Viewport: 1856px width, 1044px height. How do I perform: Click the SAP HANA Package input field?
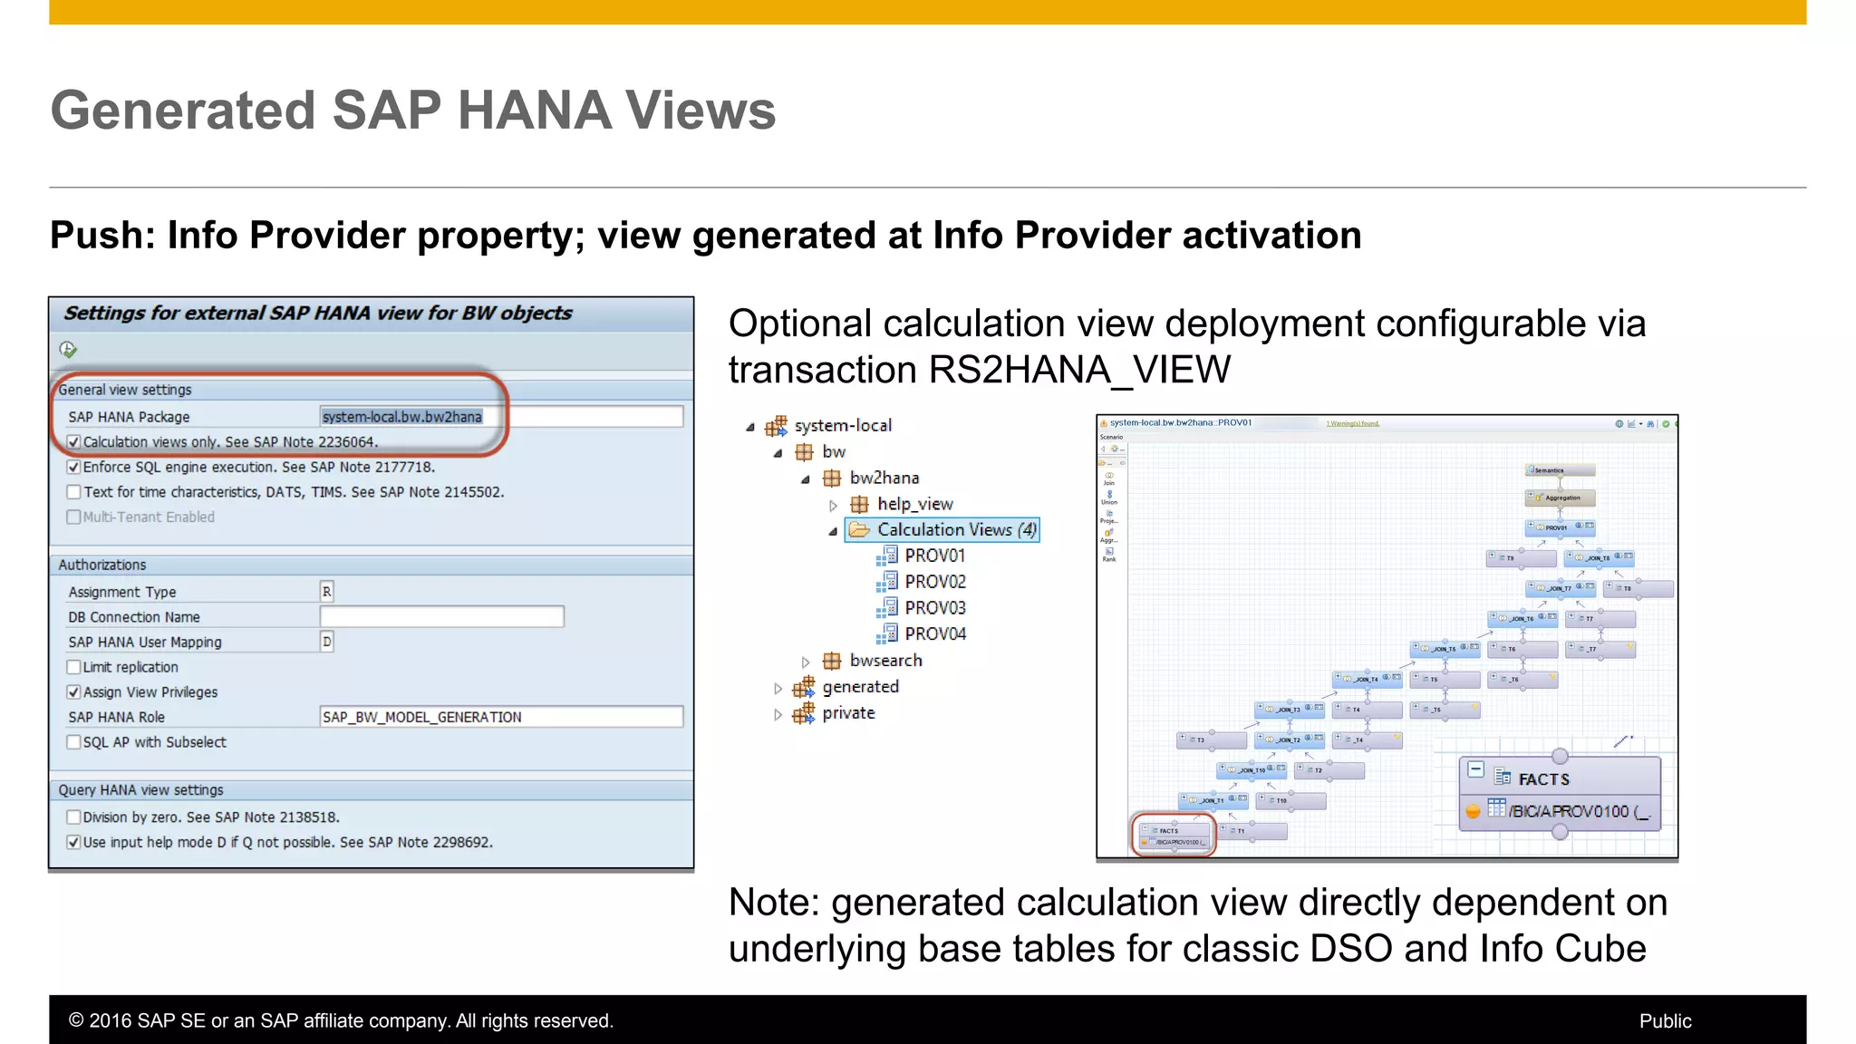500,417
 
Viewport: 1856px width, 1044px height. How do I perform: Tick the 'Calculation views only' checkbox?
73,442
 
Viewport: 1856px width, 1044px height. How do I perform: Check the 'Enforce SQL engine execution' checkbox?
73,468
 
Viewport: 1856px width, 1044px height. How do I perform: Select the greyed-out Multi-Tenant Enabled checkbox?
73,517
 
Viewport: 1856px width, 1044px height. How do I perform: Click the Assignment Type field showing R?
326,592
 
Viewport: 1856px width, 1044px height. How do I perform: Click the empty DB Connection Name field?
441,617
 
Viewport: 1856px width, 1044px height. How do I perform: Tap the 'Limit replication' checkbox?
73,667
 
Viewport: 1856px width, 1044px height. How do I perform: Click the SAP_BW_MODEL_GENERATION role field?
500,717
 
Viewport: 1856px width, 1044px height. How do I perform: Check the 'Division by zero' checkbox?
73,817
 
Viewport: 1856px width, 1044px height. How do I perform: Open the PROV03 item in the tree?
934,608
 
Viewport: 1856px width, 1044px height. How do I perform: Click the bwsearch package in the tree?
884,661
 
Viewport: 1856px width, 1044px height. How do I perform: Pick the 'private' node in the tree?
848,713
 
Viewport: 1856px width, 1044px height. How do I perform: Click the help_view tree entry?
913,504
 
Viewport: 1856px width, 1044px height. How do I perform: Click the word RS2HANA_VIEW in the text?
1079,370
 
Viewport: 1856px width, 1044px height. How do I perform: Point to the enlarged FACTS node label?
1543,779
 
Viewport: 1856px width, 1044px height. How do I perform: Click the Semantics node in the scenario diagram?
1559,470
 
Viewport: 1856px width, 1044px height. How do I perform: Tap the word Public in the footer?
1665,1021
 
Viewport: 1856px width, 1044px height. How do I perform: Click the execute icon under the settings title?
68,350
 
